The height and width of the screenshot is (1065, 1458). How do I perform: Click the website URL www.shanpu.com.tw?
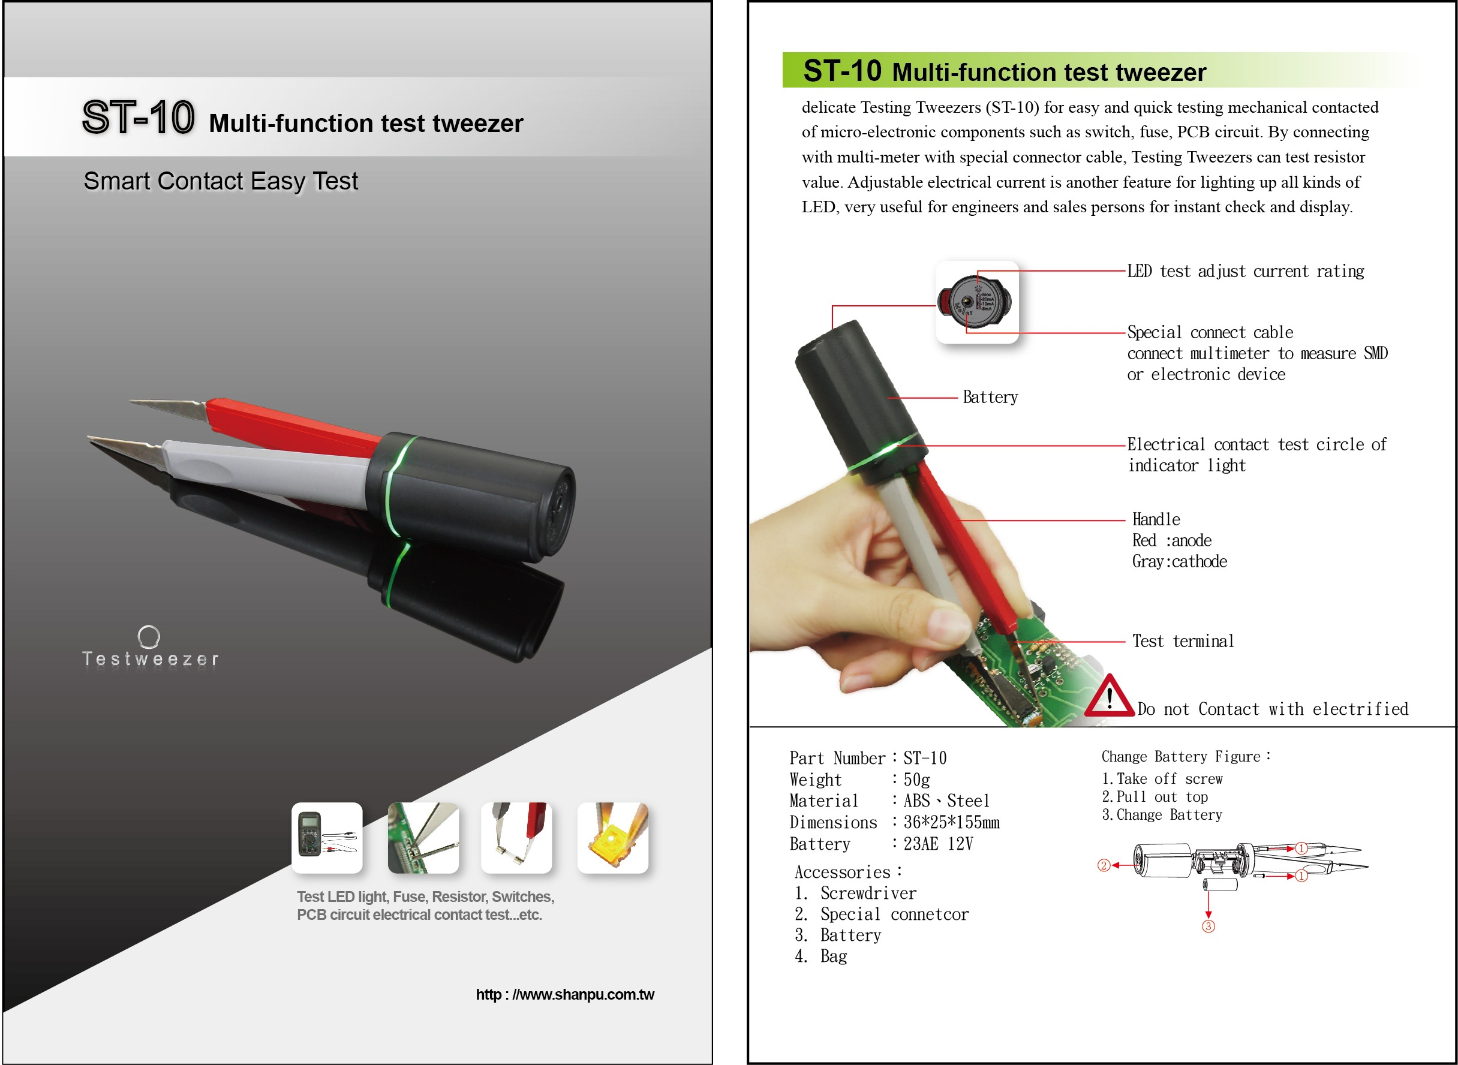(565, 995)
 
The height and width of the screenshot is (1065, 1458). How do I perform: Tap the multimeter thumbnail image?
(327, 838)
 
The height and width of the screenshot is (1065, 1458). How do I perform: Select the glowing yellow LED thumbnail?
(612, 838)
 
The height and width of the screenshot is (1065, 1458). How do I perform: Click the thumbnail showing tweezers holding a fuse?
(516, 838)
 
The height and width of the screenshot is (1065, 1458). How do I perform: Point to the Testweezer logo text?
(151, 659)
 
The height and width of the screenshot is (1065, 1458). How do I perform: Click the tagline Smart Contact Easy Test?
(221, 181)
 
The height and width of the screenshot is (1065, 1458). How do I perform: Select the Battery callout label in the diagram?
(990, 397)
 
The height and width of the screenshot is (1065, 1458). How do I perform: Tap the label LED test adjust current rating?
(1245, 272)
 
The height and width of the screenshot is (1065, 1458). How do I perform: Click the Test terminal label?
(1183, 641)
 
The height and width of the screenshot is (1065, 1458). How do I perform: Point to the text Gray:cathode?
(1180, 561)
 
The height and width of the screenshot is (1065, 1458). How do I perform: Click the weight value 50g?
(916, 780)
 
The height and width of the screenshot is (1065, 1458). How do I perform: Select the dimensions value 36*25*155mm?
(951, 823)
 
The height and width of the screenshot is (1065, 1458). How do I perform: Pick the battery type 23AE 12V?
(938, 844)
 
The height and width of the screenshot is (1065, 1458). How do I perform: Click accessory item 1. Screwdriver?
(856, 893)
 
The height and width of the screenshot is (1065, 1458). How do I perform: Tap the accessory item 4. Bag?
(822, 956)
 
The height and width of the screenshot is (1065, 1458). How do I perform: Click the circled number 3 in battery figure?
(1209, 926)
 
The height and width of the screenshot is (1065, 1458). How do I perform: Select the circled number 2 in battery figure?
(1104, 865)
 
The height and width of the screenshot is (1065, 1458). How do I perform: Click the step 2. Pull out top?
(1155, 797)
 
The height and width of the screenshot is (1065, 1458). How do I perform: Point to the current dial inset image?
(977, 302)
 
